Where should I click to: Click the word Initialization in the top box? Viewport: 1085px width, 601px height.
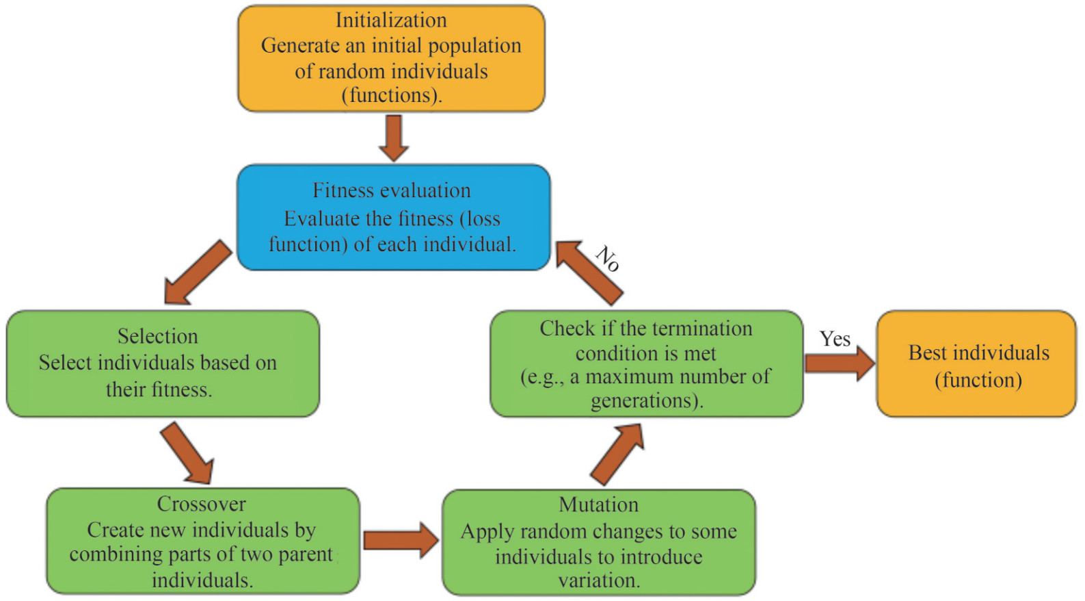pyautogui.click(x=391, y=21)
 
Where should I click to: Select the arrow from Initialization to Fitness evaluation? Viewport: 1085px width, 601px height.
pyautogui.click(x=393, y=138)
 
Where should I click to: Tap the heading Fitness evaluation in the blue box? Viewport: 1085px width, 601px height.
pyautogui.click(x=391, y=190)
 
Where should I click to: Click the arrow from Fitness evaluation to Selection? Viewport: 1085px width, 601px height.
pyautogui.click(x=198, y=272)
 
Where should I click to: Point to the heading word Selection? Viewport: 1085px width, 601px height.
pyautogui.click(x=158, y=336)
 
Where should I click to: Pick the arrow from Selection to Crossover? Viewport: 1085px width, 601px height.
pyautogui.click(x=187, y=453)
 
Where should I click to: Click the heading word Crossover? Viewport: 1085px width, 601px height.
pyautogui.click(x=202, y=504)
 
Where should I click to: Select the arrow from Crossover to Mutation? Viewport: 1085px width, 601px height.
pyautogui.click(x=401, y=540)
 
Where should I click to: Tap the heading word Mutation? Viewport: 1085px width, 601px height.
pyautogui.click(x=599, y=505)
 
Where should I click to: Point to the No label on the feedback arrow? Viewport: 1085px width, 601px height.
pyautogui.click(x=607, y=259)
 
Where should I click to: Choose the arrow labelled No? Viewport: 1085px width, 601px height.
pyautogui.click(x=589, y=273)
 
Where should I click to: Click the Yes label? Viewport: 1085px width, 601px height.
pyautogui.click(x=835, y=339)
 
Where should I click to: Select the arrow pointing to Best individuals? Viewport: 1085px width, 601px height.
pyautogui.click(x=840, y=363)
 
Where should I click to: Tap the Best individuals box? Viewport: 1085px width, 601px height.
pyautogui.click(x=976, y=363)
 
